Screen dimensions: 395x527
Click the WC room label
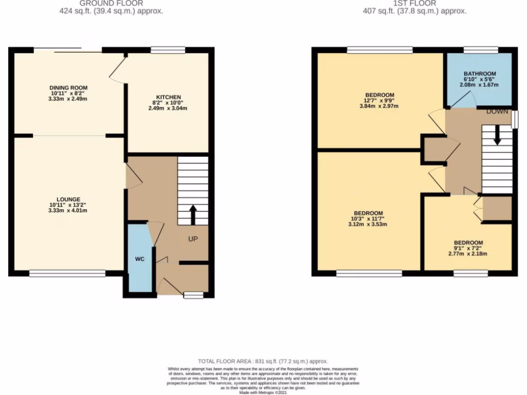point(139,259)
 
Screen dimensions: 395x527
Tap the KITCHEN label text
point(169,97)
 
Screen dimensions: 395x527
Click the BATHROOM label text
point(479,74)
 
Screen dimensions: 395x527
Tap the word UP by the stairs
point(193,239)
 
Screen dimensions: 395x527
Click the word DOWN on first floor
point(497,112)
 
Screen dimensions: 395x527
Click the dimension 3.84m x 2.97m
point(379,106)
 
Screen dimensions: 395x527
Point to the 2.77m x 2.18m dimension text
point(468,253)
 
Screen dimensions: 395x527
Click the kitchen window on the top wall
point(168,50)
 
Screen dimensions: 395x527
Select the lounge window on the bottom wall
point(67,274)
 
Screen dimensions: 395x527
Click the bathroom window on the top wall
point(480,50)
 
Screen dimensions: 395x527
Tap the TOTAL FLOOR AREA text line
point(263,362)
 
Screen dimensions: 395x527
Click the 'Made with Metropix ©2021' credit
point(263,392)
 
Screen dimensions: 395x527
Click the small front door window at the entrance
point(194,295)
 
